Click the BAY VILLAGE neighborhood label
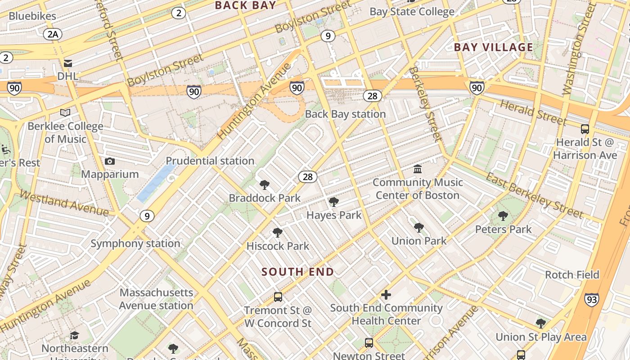tap(494, 47)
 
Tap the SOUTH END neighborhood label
tap(298, 272)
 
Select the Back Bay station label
tap(345, 114)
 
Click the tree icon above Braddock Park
tap(265, 185)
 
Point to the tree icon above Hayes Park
tap(334, 202)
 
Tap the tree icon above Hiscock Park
tap(278, 233)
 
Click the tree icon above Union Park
tap(419, 228)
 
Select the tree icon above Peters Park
tap(503, 216)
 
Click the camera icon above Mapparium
tap(110, 161)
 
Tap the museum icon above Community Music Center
tap(418, 169)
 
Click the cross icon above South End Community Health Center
tap(386, 295)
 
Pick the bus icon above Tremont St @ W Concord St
tap(278, 297)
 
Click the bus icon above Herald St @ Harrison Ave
tap(585, 129)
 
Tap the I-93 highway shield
tap(592, 299)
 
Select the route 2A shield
tap(53, 34)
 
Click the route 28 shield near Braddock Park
tap(308, 176)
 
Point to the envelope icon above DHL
tap(68, 63)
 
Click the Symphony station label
tap(135, 243)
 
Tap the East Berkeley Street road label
tap(535, 195)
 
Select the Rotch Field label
tap(572, 274)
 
